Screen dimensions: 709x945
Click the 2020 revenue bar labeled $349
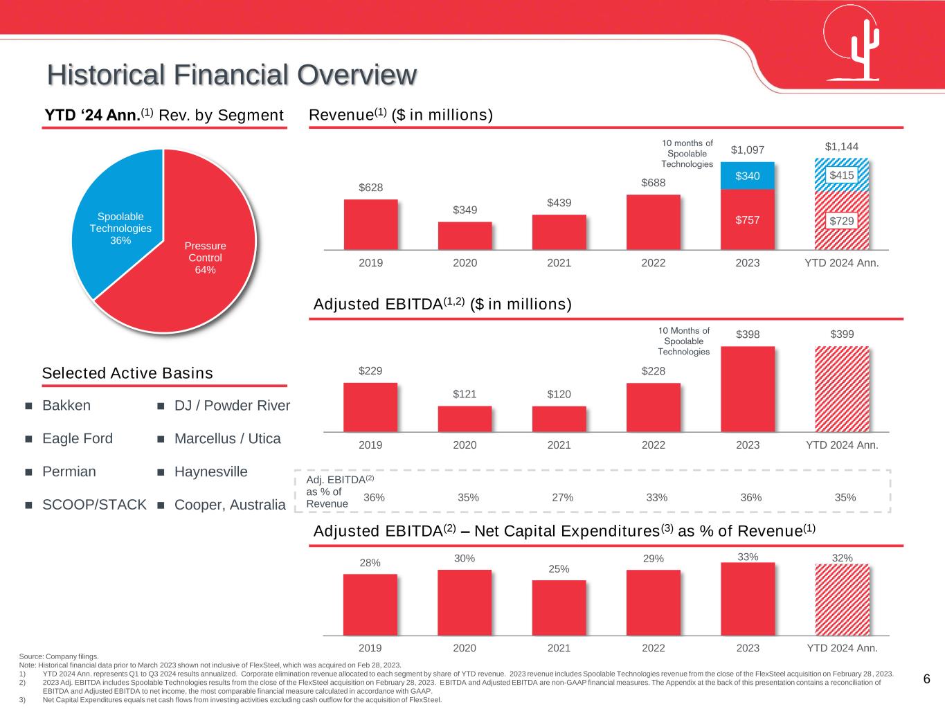[465, 235]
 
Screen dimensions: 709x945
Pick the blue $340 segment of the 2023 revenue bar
[747, 176]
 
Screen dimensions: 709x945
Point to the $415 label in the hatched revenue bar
[842, 176]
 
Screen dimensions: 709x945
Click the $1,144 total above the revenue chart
[842, 147]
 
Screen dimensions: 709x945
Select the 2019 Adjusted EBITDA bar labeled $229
[370, 407]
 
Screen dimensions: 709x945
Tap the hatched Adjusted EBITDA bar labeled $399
[842, 389]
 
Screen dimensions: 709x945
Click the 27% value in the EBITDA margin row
[562, 497]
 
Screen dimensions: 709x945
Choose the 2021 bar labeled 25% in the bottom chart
[559, 607]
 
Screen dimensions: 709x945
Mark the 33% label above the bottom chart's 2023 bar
[748, 556]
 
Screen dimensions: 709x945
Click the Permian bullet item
[69, 472]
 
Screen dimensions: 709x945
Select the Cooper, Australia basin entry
[230, 505]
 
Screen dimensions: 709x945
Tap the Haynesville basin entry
[210, 472]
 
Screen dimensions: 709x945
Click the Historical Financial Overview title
[233, 75]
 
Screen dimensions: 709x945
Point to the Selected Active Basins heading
[127, 373]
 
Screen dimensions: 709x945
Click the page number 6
[926, 679]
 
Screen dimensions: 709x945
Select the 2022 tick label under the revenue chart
[653, 263]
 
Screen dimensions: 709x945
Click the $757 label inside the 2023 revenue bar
[747, 220]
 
